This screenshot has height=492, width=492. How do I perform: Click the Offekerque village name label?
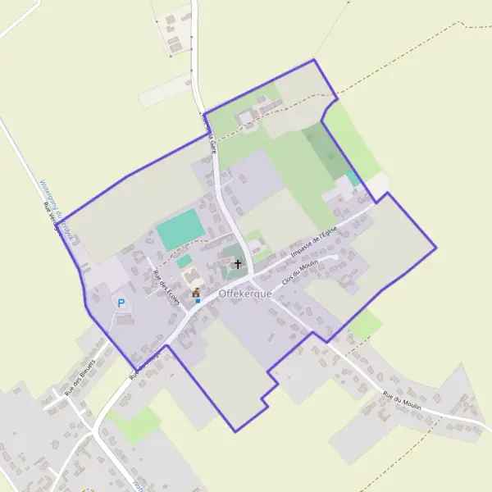tap(245, 294)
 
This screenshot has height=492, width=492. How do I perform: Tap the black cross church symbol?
tap(238, 264)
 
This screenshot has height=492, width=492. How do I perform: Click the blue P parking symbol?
tap(121, 303)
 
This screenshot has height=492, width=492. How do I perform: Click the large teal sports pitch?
tap(180, 230)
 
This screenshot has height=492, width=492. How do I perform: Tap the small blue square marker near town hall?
tap(198, 301)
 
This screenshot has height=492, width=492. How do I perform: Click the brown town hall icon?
tap(196, 292)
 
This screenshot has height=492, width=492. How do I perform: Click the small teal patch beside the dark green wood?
tap(353, 178)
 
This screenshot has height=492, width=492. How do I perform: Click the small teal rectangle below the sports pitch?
tap(185, 261)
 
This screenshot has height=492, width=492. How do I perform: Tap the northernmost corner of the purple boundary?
tap(314, 60)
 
